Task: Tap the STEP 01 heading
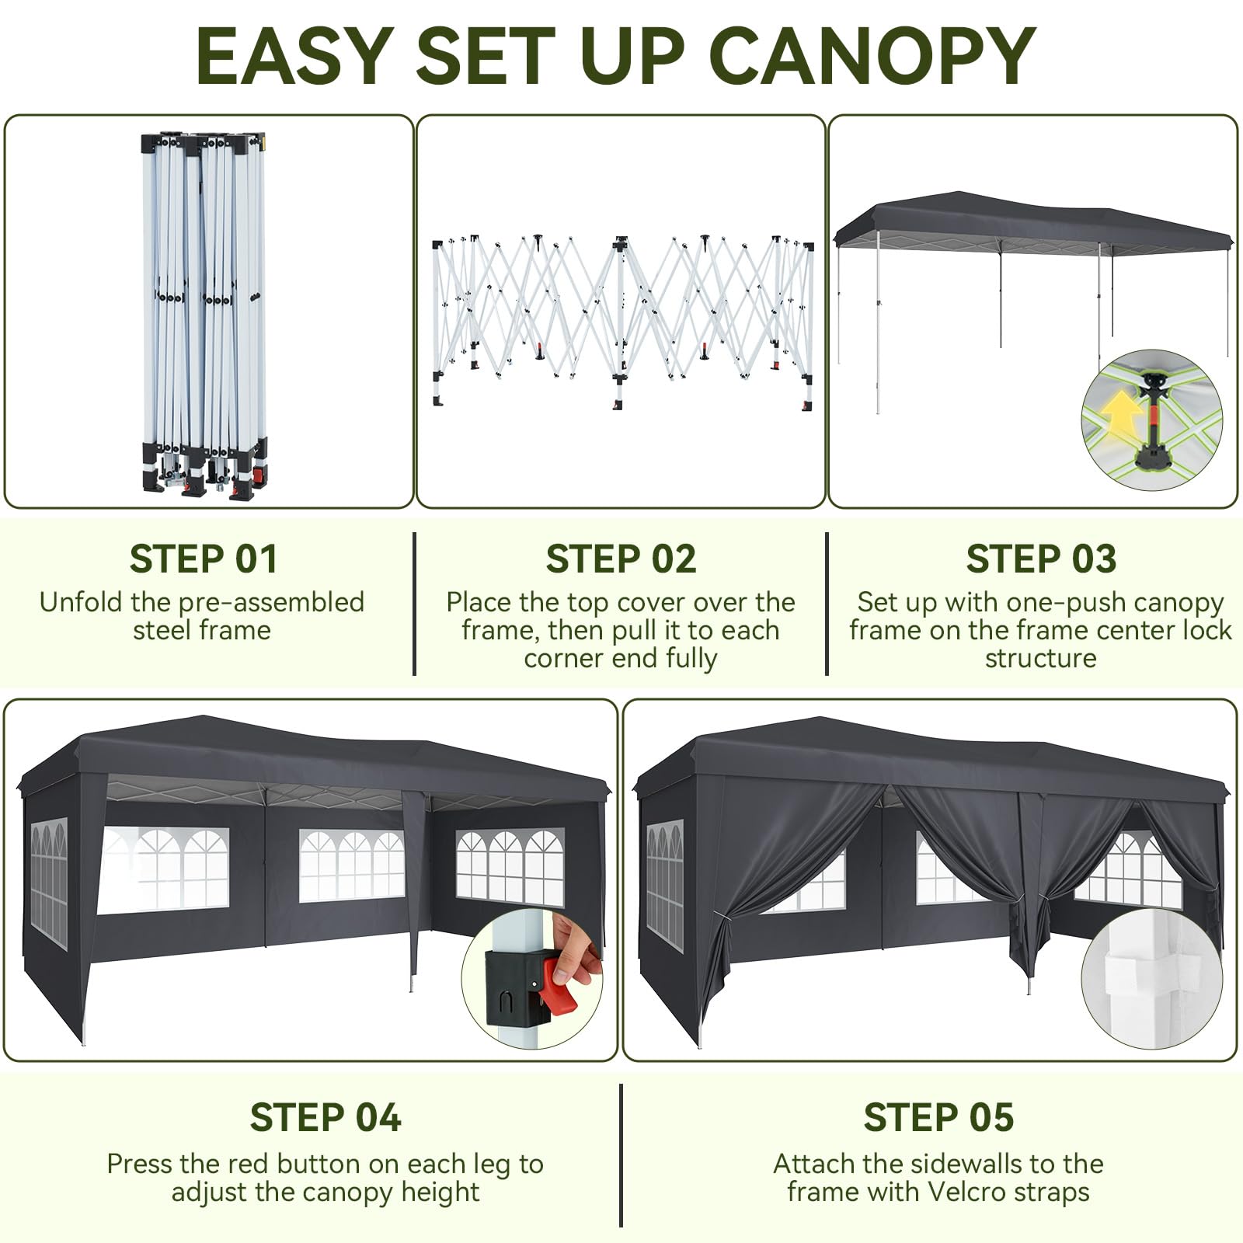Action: click(x=204, y=559)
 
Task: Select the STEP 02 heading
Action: click(x=621, y=559)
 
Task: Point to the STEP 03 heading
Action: click(x=1041, y=559)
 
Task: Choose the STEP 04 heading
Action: click(x=326, y=1117)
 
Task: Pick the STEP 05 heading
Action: click(x=938, y=1117)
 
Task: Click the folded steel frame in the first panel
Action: click(x=204, y=315)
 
